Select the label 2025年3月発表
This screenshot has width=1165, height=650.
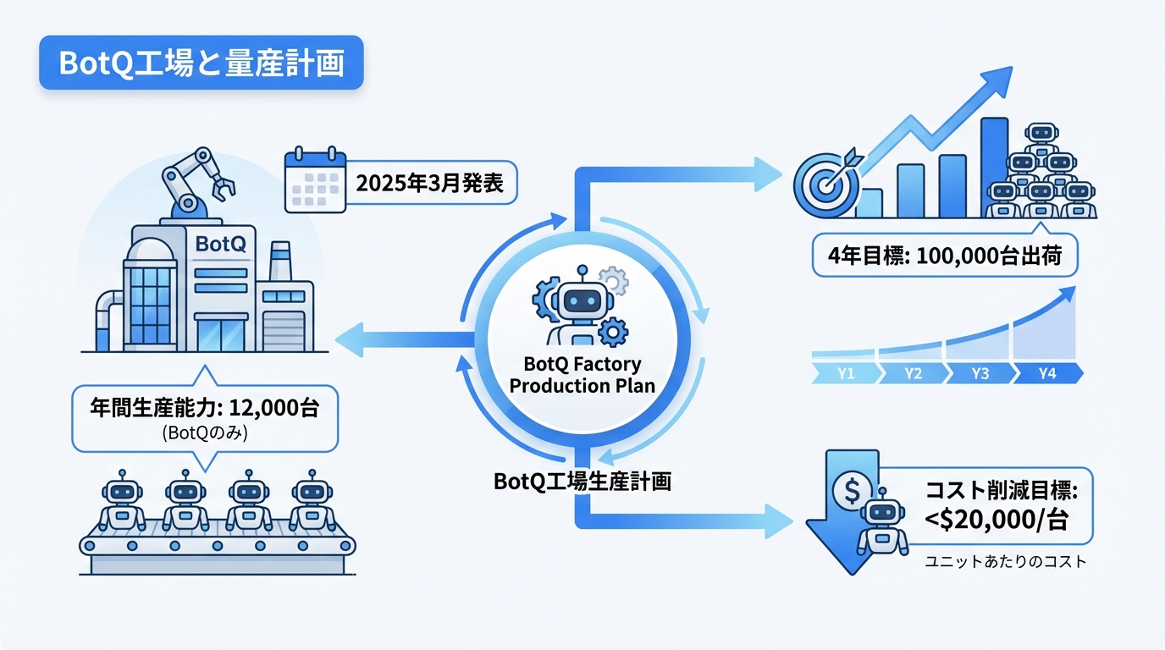429,184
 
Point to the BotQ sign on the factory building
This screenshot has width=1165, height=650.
220,244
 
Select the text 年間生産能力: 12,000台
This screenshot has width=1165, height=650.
204,408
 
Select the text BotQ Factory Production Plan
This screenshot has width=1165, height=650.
582,375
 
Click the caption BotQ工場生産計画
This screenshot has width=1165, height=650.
582,482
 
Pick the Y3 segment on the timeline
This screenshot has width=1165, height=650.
980,373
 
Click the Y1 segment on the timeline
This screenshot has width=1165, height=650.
844,373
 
